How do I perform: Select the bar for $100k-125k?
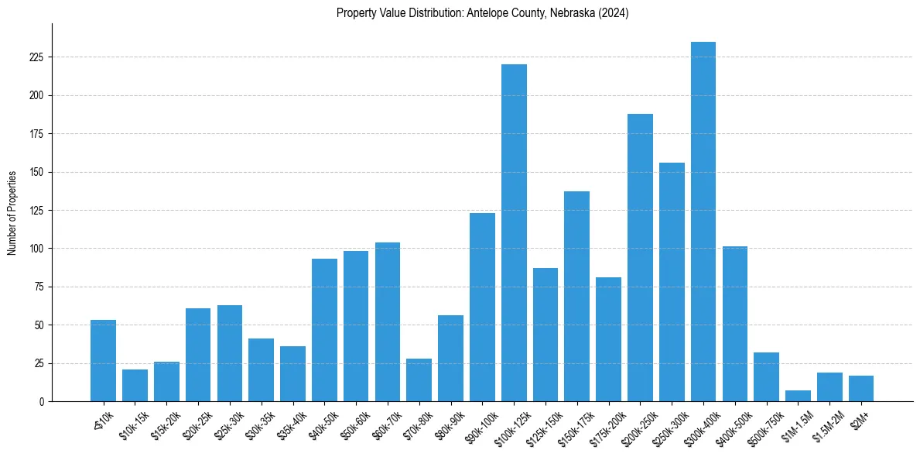coord(514,232)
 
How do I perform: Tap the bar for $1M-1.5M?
coord(798,396)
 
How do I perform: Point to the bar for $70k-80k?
coord(419,380)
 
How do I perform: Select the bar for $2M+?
coord(861,389)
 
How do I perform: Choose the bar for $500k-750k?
coord(766,377)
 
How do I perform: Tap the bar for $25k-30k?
coord(230,353)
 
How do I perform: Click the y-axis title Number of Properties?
coord(12,212)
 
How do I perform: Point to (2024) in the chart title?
coord(611,13)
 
